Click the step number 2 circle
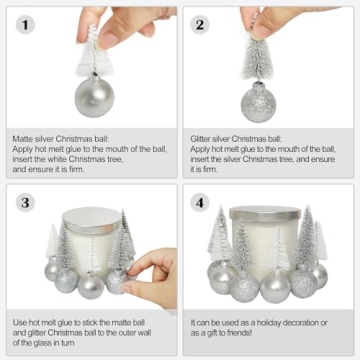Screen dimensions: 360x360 point(201,24)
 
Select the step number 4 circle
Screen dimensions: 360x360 point(201,203)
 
